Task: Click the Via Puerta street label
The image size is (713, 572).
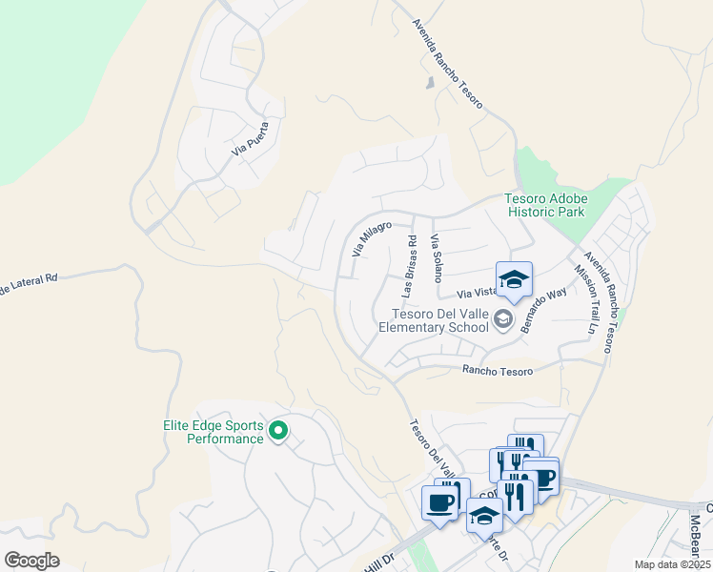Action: coord(250,139)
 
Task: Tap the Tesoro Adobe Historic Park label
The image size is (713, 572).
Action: coord(546,205)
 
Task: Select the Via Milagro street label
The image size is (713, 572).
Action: coord(372,239)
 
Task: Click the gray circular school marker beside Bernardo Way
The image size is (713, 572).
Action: coord(504,320)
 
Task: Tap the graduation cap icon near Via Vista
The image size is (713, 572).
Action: coord(514,279)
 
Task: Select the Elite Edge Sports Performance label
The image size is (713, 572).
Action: coord(211,432)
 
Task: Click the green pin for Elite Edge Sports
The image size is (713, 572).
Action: coord(278,432)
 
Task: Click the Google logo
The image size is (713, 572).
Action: coord(31,560)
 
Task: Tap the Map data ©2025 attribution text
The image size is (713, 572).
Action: coord(672,564)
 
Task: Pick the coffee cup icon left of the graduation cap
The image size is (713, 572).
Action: coord(440,503)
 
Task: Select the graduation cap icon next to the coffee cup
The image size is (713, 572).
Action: coord(485,516)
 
